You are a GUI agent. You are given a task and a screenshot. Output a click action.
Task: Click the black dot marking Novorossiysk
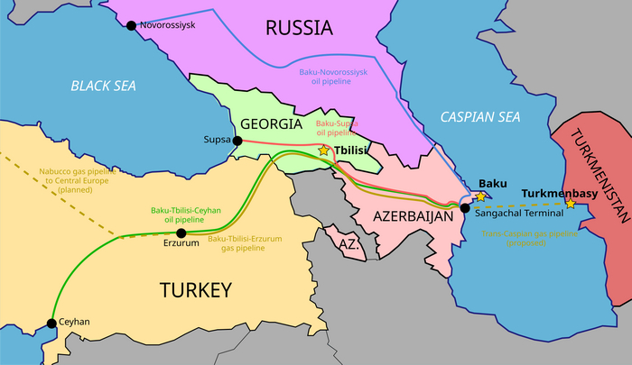(131, 26)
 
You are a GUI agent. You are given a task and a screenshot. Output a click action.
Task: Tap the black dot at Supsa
(237, 141)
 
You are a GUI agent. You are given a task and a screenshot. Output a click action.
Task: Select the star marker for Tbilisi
(324, 151)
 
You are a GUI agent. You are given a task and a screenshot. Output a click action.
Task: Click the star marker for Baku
(481, 196)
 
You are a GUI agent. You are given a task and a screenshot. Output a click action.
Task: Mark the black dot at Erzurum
(181, 233)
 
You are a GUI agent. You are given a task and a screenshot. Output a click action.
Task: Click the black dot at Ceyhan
(51, 322)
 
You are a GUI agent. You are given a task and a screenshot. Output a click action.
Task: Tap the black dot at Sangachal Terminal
(465, 208)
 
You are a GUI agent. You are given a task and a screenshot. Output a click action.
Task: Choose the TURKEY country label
(196, 289)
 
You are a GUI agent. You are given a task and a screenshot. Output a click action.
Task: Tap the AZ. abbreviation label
(349, 243)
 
